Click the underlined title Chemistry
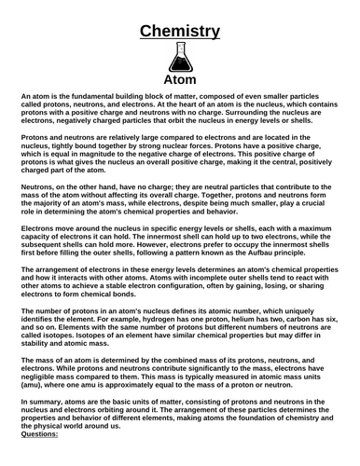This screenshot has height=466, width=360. pyautogui.click(x=179, y=31)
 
